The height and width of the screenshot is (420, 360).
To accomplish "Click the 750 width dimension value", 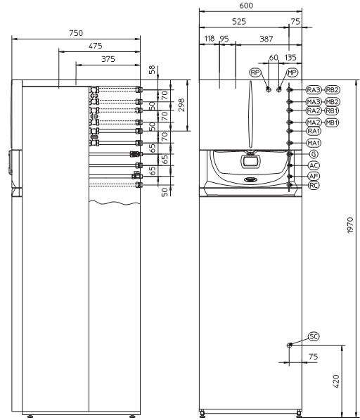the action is [x=76, y=33].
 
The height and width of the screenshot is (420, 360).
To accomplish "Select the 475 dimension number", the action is [x=96, y=46].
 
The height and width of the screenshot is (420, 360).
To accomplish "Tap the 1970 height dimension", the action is [x=350, y=226].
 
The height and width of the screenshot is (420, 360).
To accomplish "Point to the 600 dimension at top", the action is [x=246, y=6].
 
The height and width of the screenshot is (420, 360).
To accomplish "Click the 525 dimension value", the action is [x=239, y=21].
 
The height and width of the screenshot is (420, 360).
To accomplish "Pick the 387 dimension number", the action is [x=266, y=39].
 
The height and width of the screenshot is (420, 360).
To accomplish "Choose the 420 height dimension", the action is [x=336, y=381].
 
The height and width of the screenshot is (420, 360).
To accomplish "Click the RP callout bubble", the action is [x=255, y=72].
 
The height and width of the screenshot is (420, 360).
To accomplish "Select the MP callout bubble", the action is [x=292, y=72].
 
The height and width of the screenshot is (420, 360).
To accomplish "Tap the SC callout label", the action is [x=314, y=336].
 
